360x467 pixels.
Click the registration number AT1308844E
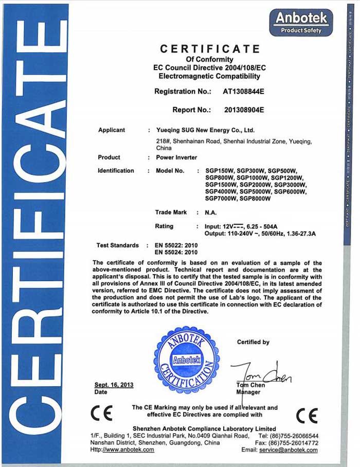click(x=243, y=92)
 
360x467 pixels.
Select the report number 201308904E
click(x=244, y=110)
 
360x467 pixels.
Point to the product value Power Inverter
click(x=176, y=157)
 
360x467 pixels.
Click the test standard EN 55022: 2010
click(x=176, y=245)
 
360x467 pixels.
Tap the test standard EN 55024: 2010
click(x=176, y=253)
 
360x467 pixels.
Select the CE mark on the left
click(x=98, y=413)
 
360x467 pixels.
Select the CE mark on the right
click(x=307, y=415)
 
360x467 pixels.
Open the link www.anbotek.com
click(x=129, y=450)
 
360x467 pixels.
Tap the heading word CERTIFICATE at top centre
click(x=210, y=49)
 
